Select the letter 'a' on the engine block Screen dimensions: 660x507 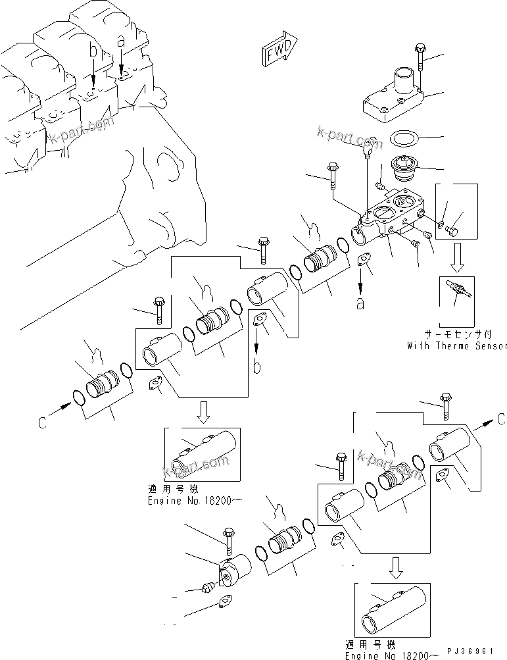pos(120,41)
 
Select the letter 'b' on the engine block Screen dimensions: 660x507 pos(93,52)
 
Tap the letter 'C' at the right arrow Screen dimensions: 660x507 pos(500,419)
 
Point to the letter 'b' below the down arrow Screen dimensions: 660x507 pos(258,367)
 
